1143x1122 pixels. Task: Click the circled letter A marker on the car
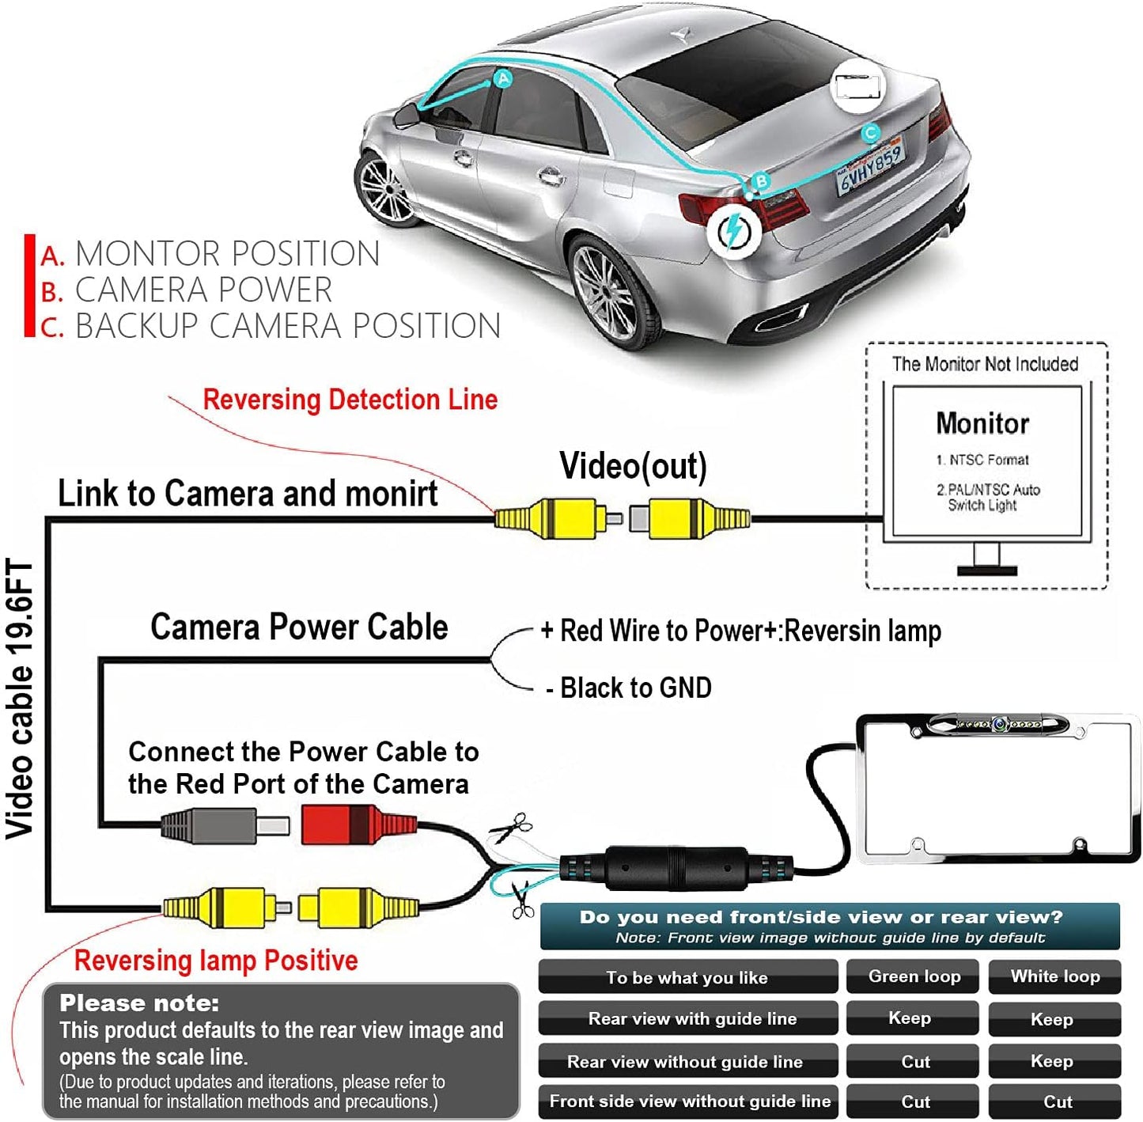click(x=503, y=78)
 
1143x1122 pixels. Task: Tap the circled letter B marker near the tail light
click(x=760, y=181)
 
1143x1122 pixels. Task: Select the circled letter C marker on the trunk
click(x=870, y=133)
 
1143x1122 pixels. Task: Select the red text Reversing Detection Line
click(x=350, y=400)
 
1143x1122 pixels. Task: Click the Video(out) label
click(x=633, y=466)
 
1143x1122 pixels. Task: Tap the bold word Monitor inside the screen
click(x=982, y=423)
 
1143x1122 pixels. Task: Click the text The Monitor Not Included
click(x=985, y=364)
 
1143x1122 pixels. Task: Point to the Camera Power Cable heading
click(x=299, y=627)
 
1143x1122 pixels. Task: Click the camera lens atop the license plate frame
click(x=999, y=723)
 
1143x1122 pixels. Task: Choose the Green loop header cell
click(x=914, y=976)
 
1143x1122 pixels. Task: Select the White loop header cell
click(x=1054, y=976)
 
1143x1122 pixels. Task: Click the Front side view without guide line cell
click(x=689, y=1101)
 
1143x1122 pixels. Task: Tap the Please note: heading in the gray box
click(x=139, y=1003)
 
